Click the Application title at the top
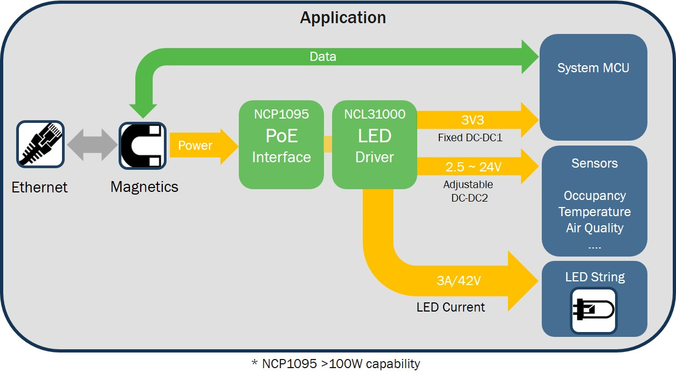pyautogui.click(x=343, y=17)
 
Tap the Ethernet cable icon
pyautogui.click(x=40, y=144)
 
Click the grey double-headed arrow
pyautogui.click(x=91, y=145)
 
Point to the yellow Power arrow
pyautogui.click(x=202, y=146)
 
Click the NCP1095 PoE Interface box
pyautogui.click(x=281, y=144)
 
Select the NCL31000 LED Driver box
pyautogui.click(x=375, y=144)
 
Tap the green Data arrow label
pyautogui.click(x=323, y=57)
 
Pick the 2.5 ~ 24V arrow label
pyautogui.click(x=473, y=167)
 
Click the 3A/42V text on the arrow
pyautogui.click(x=459, y=281)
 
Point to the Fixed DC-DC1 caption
pyautogui.click(x=470, y=137)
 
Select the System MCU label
pyautogui.click(x=593, y=68)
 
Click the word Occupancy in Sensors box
pyautogui.click(x=595, y=196)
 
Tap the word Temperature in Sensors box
pyautogui.click(x=595, y=212)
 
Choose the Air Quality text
pyautogui.click(x=595, y=228)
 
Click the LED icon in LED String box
pyautogui.click(x=594, y=310)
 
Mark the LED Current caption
pyautogui.click(x=451, y=307)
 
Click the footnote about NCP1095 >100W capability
pyautogui.click(x=335, y=364)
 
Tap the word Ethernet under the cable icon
pyautogui.click(x=40, y=188)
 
